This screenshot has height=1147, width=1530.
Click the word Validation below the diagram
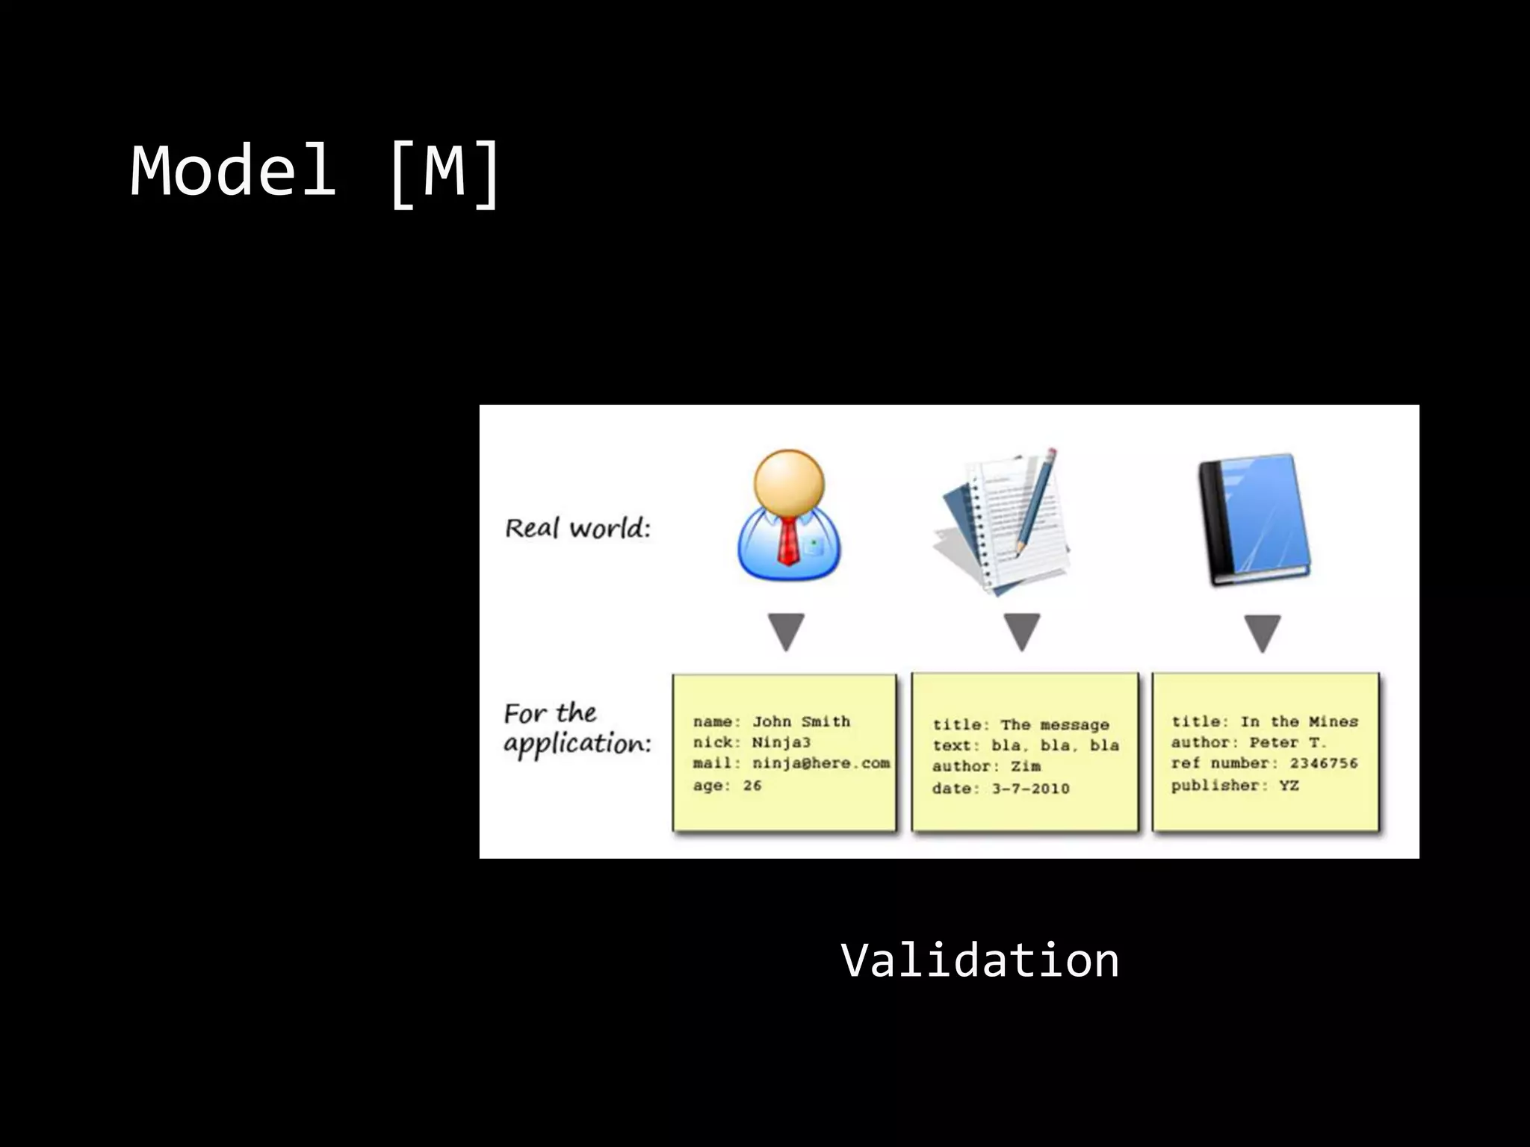(x=979, y=960)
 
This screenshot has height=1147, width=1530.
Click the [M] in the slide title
(x=444, y=172)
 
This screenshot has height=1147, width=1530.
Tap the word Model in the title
(x=233, y=172)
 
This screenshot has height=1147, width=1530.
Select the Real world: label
(x=577, y=528)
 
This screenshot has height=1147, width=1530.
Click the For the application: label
(x=577, y=728)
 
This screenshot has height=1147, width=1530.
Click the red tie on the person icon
(x=789, y=539)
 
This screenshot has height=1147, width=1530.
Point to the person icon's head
(x=789, y=482)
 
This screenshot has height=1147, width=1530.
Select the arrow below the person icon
(x=787, y=631)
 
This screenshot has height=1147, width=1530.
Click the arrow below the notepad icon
(x=1022, y=631)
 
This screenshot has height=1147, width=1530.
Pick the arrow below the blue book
(x=1263, y=632)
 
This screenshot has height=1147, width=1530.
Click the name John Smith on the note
(x=801, y=721)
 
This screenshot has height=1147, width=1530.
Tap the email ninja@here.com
(x=820, y=763)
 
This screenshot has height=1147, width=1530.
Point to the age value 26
(x=752, y=786)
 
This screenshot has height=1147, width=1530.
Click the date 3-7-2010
(x=1030, y=789)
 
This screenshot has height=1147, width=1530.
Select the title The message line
(x=1020, y=725)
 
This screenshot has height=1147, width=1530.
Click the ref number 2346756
(x=1323, y=763)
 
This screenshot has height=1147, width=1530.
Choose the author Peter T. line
(x=1248, y=742)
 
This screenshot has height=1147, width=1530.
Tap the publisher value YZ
(x=1289, y=786)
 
